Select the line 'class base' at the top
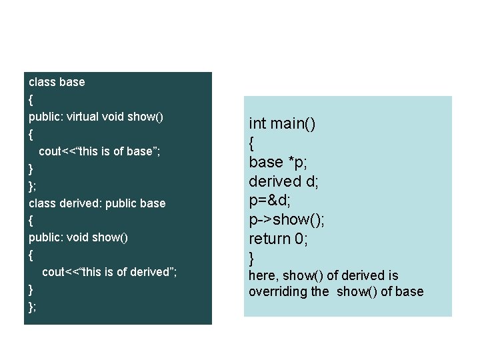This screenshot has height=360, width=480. click(57, 82)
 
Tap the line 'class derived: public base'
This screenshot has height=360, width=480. click(97, 203)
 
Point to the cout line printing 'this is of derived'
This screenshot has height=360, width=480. click(109, 272)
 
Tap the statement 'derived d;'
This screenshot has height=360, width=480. click(283, 181)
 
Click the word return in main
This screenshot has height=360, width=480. click(269, 239)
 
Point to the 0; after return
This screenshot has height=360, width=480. click(301, 239)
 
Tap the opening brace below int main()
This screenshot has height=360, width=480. click(252, 143)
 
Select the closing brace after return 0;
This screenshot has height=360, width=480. click(252, 257)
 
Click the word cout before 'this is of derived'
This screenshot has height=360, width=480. click(55, 272)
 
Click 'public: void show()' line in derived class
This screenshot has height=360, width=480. click(78, 237)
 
